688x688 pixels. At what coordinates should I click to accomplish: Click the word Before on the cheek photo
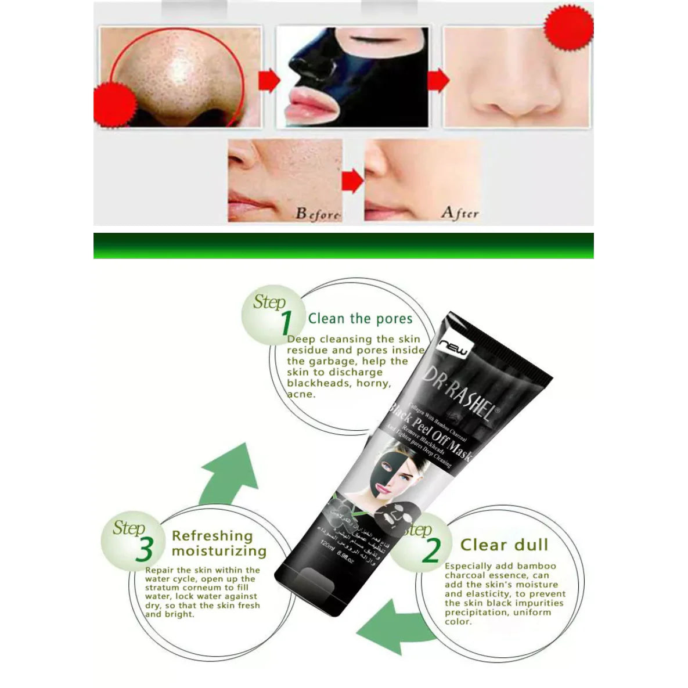pyautogui.click(x=317, y=214)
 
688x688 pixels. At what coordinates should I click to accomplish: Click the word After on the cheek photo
pyautogui.click(x=459, y=213)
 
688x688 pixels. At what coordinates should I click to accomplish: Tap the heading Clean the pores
pyautogui.click(x=360, y=318)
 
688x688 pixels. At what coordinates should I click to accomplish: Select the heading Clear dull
pyautogui.click(x=504, y=545)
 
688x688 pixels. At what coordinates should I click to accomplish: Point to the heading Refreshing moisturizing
pyautogui.click(x=219, y=543)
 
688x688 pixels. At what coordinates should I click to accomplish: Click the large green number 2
pyautogui.click(x=431, y=550)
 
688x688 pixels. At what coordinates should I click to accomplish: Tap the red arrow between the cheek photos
pyautogui.click(x=352, y=182)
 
